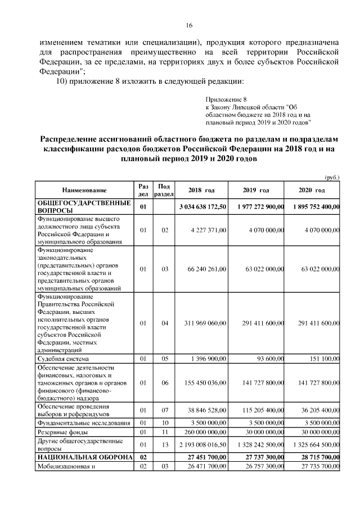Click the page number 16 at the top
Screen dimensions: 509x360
pos(189,25)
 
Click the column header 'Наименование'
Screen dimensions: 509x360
pos(84,190)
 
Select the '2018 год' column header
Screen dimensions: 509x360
pos(201,190)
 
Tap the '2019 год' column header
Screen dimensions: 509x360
pos(256,190)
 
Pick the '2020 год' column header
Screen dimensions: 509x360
pos(312,190)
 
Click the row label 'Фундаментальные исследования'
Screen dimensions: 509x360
pos(84,422)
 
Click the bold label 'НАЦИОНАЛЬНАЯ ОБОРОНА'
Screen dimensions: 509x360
pos(84,458)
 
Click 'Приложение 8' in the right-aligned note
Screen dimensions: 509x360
pos(226,98)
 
